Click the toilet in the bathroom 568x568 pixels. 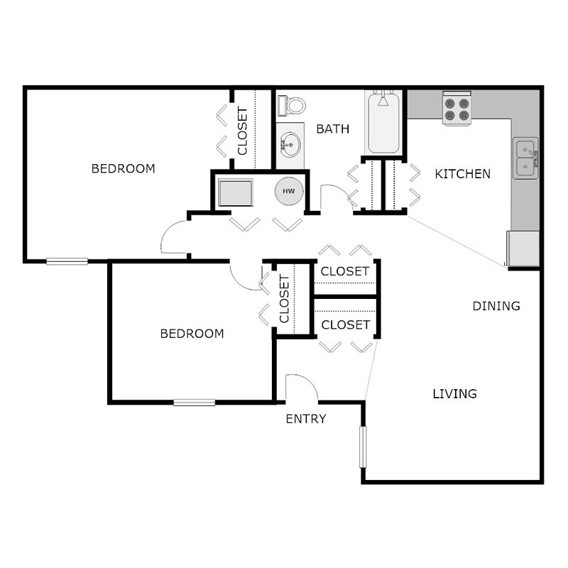[x=292, y=105]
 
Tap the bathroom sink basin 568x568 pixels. [x=290, y=146]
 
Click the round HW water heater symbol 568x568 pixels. [x=289, y=192]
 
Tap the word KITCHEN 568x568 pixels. [x=462, y=174]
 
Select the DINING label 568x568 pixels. [x=496, y=306]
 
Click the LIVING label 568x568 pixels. [x=454, y=393]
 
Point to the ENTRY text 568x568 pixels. [x=305, y=419]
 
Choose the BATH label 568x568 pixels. [x=333, y=129]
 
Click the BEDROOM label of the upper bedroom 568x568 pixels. [x=124, y=169]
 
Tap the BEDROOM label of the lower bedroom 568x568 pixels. [x=192, y=334]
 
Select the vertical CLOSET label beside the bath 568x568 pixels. [x=242, y=131]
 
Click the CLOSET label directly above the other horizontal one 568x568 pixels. [x=345, y=271]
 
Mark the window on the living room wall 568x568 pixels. [x=363, y=447]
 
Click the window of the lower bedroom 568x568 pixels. [x=195, y=403]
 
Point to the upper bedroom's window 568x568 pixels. [x=67, y=261]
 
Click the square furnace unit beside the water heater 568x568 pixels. [x=235, y=192]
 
